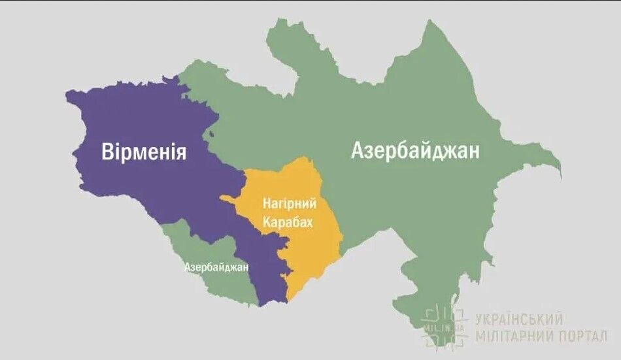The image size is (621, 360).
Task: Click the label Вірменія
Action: click(x=144, y=152)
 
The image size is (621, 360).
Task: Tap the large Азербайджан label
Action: click(x=415, y=151)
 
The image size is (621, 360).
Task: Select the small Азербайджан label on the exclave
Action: click(x=216, y=267)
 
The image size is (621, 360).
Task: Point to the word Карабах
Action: click(x=288, y=222)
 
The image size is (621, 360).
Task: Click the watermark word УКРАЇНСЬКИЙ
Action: click(x=519, y=319)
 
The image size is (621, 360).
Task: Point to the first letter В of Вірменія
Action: click(x=108, y=152)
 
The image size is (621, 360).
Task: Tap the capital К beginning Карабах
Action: click(x=267, y=222)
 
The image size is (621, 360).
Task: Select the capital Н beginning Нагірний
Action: click(x=265, y=204)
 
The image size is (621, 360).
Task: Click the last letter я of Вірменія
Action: click(x=180, y=152)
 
